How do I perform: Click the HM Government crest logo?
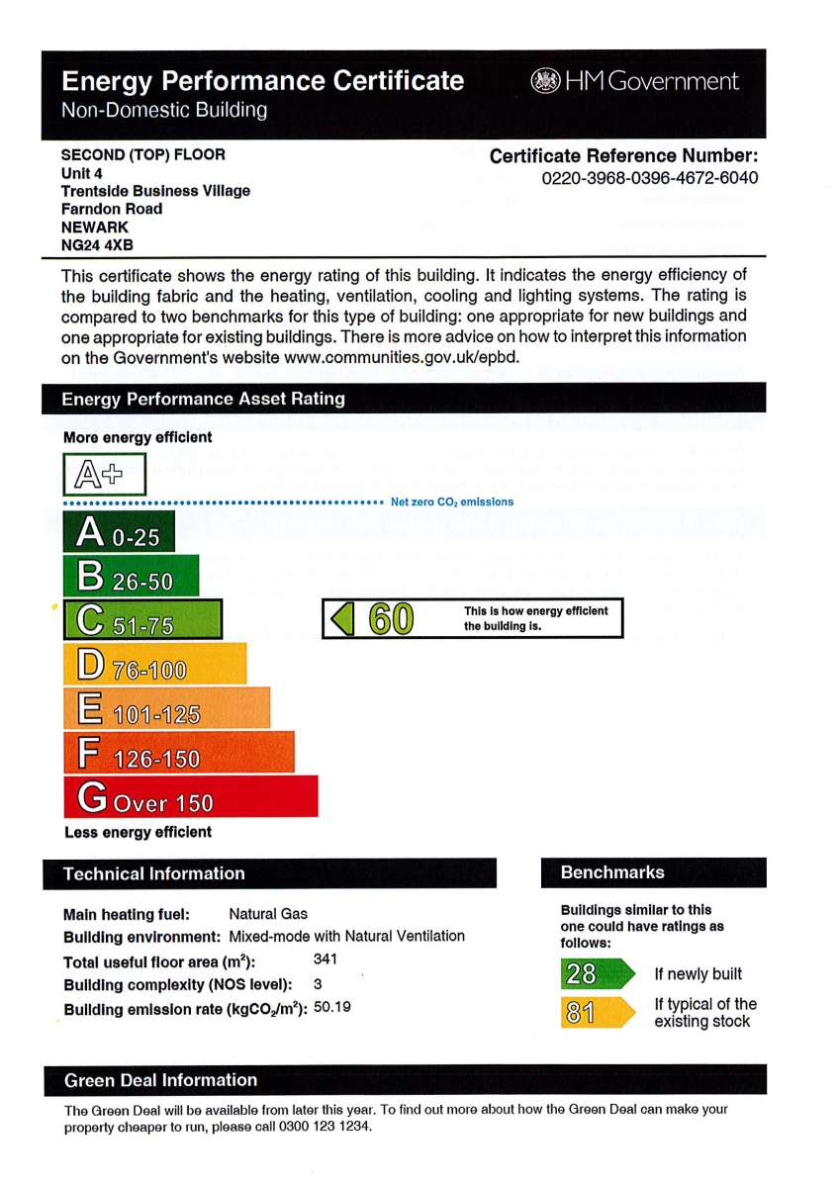click(545, 81)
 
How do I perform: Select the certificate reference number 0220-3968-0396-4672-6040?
click(650, 179)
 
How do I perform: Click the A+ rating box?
click(105, 475)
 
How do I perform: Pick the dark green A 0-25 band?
click(119, 535)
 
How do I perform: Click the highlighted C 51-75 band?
click(142, 622)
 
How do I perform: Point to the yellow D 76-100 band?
click(154, 667)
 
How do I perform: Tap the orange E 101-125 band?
click(166, 711)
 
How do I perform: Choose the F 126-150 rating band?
click(178, 755)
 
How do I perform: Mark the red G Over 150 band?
click(190, 798)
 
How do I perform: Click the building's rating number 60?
click(391, 620)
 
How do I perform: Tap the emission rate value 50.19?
click(332, 1008)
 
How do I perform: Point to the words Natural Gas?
click(268, 914)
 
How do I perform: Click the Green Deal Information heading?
click(160, 1080)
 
